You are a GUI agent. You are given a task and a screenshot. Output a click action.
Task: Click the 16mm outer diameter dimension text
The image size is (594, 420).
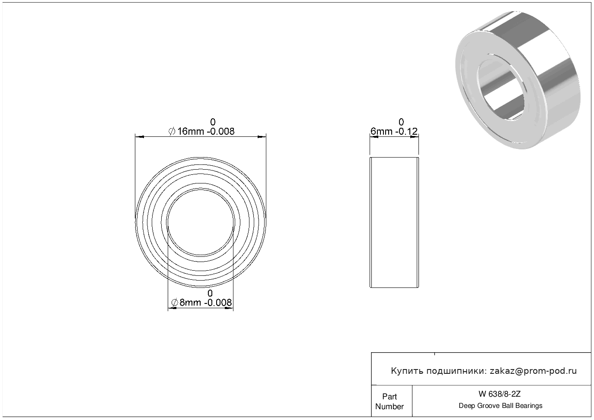201,131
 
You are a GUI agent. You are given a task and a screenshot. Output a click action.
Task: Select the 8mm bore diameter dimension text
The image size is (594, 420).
201,303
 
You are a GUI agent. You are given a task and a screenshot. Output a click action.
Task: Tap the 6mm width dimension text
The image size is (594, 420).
394,131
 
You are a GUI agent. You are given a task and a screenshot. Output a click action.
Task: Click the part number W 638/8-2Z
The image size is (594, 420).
500,394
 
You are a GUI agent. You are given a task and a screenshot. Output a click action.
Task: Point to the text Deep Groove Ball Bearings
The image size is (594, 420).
500,406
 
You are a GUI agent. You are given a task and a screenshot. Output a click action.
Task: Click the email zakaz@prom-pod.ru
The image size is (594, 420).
533,371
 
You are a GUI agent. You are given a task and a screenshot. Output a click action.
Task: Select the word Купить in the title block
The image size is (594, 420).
407,371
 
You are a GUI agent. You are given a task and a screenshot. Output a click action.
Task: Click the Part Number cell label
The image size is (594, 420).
390,401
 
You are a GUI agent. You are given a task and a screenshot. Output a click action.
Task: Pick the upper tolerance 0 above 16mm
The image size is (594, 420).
213,122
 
